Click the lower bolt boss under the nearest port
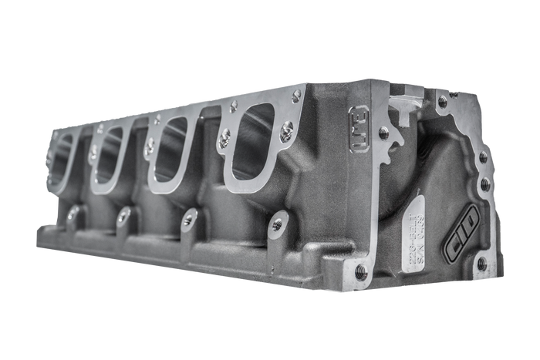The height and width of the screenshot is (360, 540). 277,225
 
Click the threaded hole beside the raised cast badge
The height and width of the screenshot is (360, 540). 384,133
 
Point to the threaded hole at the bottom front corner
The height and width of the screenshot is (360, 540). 360,271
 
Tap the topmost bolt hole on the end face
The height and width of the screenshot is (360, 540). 442,101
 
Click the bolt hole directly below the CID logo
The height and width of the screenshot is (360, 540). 481,264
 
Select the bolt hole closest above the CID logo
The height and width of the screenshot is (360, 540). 484,184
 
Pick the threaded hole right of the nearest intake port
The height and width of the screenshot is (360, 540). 286,134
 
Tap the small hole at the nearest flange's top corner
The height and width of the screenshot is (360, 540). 296,96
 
